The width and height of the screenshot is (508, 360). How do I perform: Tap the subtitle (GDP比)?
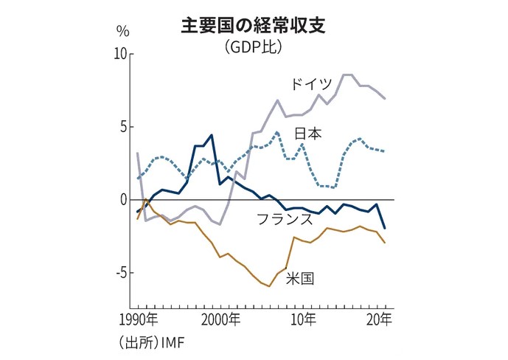pos(254,47)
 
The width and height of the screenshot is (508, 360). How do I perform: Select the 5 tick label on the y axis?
pos(123,127)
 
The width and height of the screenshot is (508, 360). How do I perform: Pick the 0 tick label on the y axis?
pos(123,200)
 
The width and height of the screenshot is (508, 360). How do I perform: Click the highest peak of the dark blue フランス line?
pos(212,135)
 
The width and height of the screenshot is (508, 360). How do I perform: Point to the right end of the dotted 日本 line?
pos(384,151)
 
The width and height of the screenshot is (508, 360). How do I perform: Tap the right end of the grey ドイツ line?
pos(384,98)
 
